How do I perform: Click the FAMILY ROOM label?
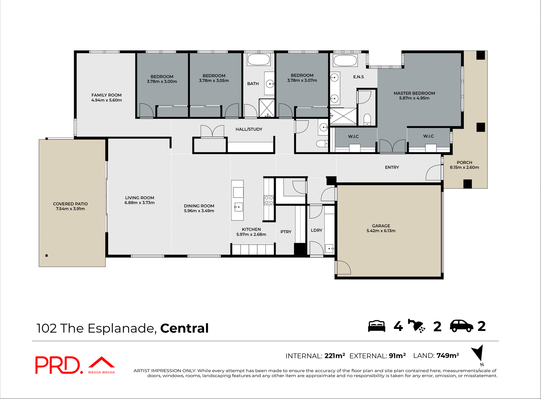[x=107, y=95]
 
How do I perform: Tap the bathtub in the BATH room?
[x=259, y=59]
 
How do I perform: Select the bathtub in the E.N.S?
[x=345, y=60]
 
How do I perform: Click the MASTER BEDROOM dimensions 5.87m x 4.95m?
[x=414, y=98]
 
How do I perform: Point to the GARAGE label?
[x=381, y=226]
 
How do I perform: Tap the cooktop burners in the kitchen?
[x=269, y=200]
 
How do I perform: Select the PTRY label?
[x=286, y=232]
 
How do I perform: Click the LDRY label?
[x=316, y=230]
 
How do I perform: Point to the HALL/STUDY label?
[x=249, y=129]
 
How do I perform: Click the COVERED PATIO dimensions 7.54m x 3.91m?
[x=70, y=209]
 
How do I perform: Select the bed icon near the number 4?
[x=377, y=326]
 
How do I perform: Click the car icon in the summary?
[x=462, y=326]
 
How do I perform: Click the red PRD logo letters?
[x=58, y=365]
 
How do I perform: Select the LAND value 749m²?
[x=448, y=356]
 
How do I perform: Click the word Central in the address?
[x=184, y=328]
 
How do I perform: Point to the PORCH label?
[x=464, y=162]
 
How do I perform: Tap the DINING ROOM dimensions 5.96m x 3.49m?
[x=199, y=211]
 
